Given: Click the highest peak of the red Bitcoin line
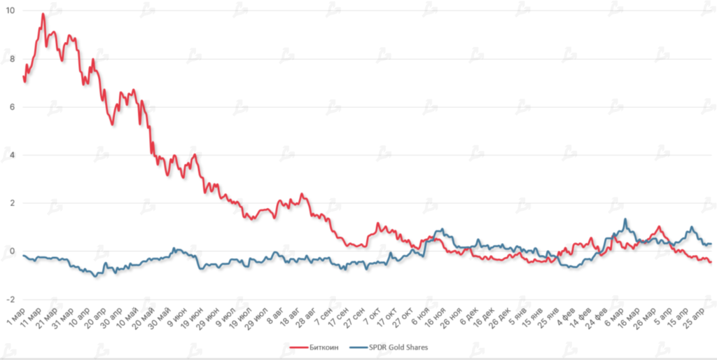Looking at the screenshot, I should [x=43, y=14].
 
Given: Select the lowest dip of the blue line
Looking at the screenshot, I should [x=96, y=276].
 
